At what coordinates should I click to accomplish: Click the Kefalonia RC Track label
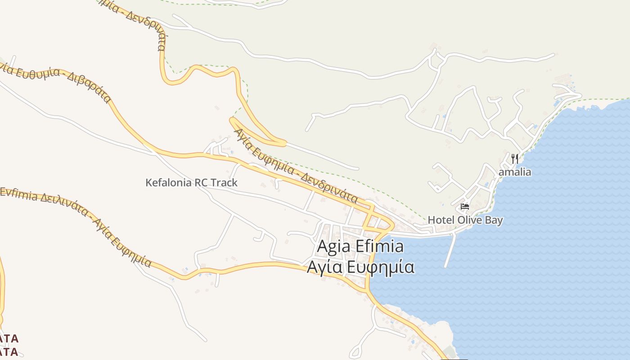point(191,183)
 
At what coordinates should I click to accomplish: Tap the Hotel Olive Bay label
point(465,220)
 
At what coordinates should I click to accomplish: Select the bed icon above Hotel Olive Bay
point(465,207)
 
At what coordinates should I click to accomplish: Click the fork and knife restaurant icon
point(515,158)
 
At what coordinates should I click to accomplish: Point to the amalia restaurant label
point(515,172)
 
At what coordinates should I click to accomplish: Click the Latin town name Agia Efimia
point(360,247)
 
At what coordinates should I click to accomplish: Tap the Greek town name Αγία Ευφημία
point(360,267)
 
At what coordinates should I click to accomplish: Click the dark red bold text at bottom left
point(9,345)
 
